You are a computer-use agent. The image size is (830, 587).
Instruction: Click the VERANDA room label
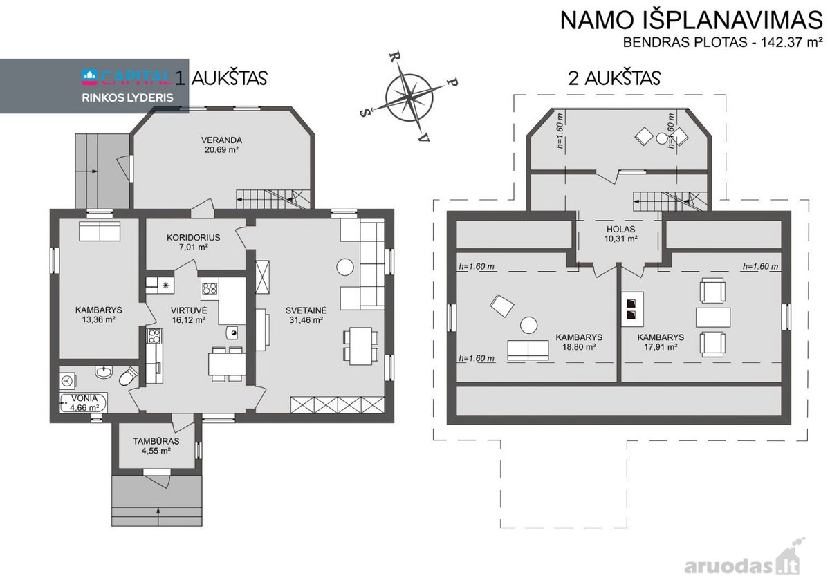point(221,140)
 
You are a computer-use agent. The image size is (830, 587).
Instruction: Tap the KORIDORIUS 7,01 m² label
point(194,242)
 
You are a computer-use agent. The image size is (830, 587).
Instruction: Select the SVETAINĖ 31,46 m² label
point(306,315)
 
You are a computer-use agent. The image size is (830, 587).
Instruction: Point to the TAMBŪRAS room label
point(156,441)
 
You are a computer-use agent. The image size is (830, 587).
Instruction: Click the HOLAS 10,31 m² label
point(620,234)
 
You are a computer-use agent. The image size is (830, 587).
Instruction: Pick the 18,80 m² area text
point(579,347)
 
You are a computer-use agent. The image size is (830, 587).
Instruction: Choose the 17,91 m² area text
point(661,347)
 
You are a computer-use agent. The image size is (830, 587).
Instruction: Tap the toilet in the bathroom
point(128,376)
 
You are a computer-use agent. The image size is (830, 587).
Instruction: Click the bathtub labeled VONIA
point(84,403)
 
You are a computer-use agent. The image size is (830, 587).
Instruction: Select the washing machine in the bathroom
point(68,381)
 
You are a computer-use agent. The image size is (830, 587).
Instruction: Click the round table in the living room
point(345,267)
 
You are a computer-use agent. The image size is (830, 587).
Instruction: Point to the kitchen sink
point(232,332)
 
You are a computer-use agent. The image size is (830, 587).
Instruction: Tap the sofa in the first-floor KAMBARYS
point(100,232)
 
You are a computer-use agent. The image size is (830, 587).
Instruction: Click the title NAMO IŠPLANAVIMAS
point(691,20)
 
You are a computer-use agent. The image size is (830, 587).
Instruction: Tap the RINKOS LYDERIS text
point(127,97)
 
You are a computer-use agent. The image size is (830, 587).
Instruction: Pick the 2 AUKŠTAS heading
point(614,78)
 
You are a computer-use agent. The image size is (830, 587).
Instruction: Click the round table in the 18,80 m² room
point(528,326)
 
